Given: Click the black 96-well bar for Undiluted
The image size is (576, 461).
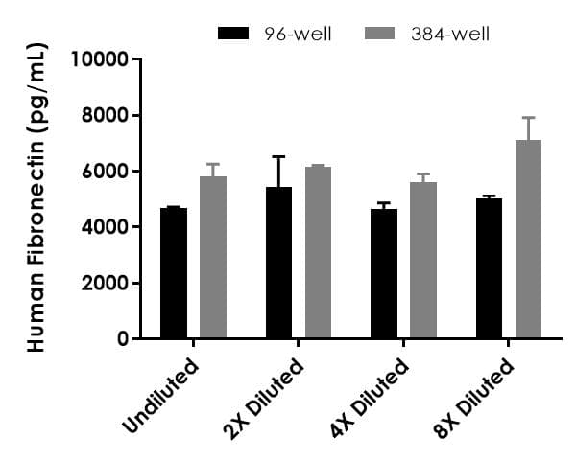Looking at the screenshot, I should [174, 273].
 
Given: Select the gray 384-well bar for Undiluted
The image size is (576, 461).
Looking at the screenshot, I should [213, 258].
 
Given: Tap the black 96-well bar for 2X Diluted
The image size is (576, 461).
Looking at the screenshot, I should [279, 263].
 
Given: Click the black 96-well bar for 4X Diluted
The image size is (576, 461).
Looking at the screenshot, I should [384, 274].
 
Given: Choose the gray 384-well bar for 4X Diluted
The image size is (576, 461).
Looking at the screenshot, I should [423, 261].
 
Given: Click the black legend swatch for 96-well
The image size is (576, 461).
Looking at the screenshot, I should [235, 34].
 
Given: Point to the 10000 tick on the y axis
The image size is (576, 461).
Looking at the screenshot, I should [101, 59].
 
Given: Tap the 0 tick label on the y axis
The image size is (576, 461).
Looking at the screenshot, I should [123, 339].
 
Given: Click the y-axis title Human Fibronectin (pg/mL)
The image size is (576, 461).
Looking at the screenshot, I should [36, 199].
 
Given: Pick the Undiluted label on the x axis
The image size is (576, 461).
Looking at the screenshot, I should [161, 395].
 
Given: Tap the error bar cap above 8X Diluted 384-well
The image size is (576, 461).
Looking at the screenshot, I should [528, 118].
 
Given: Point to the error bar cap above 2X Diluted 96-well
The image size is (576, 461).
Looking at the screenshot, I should [279, 156].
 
